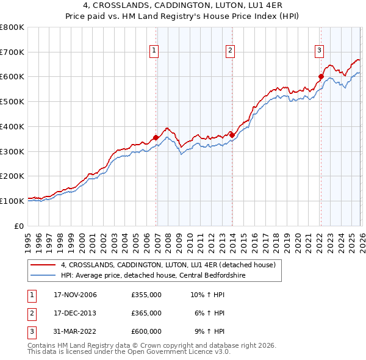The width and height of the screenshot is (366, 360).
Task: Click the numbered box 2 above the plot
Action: (230, 51)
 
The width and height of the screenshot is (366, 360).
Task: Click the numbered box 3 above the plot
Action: (319, 51)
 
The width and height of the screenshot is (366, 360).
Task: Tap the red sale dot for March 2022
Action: (321, 77)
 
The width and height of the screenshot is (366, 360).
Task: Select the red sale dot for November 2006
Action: (156, 137)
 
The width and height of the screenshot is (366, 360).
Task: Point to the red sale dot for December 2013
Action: (232, 135)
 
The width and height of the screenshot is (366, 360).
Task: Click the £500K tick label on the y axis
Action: (12, 101)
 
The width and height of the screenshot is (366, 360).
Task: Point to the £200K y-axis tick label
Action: (12, 176)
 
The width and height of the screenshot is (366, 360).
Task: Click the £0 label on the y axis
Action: (19, 226)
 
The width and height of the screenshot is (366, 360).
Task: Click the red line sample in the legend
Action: (43, 265)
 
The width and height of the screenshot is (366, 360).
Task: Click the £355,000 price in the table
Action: (146, 295)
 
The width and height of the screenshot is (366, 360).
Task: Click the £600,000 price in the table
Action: (146, 331)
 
